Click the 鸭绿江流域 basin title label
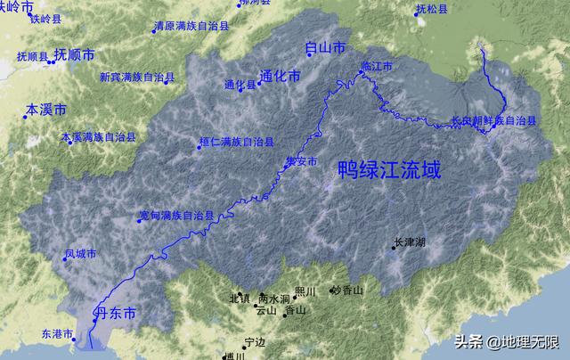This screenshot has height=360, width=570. pos(388,169)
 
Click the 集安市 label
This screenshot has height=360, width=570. pos(300,161)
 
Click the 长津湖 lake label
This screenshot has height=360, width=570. pos(410,241)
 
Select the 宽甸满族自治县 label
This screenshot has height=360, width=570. pos(178,216)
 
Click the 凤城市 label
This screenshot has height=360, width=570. pos(80,254)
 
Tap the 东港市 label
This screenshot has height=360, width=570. pos(58,334)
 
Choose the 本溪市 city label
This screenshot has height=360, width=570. pos(45,110)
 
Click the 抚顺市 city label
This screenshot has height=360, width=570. pos(74,54)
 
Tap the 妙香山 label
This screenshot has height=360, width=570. pos(348,290)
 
